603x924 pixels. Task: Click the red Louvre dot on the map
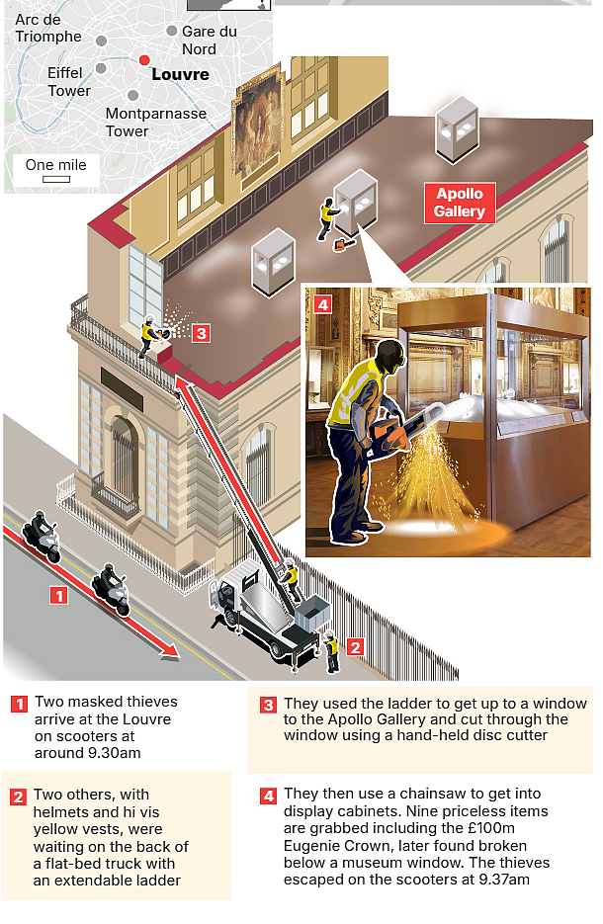(x=144, y=60)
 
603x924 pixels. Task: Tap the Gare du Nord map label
(x=209, y=41)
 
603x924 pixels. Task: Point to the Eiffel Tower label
(x=69, y=82)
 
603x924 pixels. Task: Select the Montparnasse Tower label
(x=155, y=122)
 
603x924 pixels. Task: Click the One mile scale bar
(x=56, y=179)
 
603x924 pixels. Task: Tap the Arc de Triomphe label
(x=47, y=28)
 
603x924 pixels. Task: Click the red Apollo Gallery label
(x=460, y=203)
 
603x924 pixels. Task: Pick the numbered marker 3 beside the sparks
(x=201, y=334)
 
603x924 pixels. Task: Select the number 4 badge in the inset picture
(x=322, y=304)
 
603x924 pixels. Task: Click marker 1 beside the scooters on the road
(x=58, y=596)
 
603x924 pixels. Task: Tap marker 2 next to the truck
(x=354, y=647)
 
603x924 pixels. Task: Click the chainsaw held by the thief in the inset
(x=402, y=431)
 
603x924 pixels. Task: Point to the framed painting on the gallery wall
(x=258, y=126)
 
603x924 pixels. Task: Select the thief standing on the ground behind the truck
(x=331, y=650)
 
